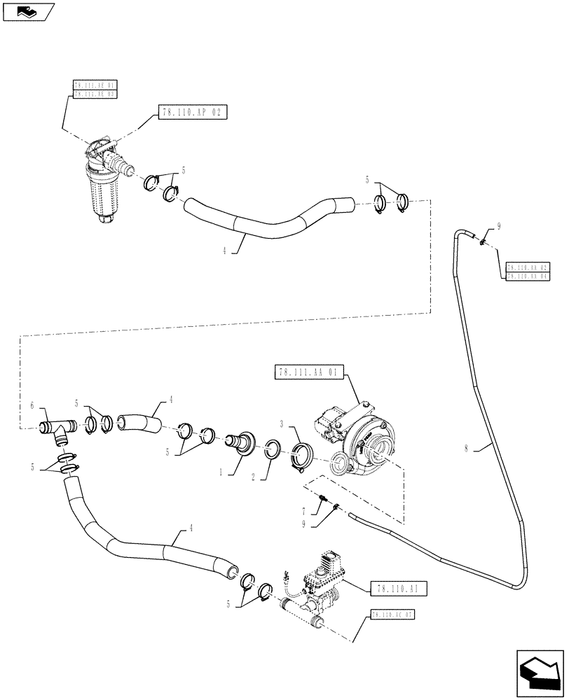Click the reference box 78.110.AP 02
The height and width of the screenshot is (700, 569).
click(x=193, y=112)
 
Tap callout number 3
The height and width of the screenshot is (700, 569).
click(x=280, y=425)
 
